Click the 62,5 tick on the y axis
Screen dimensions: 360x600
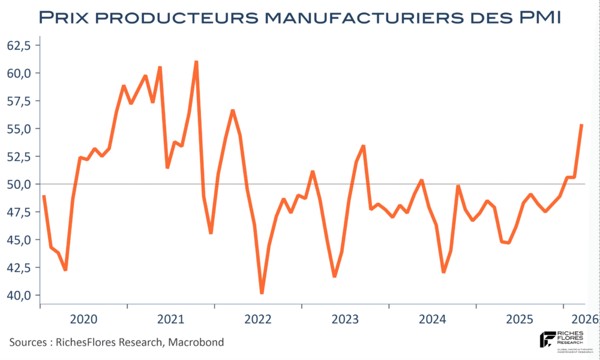tap(19, 46)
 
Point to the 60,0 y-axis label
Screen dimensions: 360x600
tap(19, 73)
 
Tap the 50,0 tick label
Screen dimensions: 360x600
tap(19, 184)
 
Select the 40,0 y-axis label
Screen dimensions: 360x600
tap(19, 295)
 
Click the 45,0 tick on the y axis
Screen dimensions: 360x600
tap(19, 240)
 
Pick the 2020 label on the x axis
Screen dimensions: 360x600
tap(84, 319)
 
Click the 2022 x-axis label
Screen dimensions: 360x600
tap(259, 319)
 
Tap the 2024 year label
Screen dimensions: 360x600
tap(433, 319)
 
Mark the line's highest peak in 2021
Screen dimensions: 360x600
tap(196, 61)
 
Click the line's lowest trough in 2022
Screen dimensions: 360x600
tap(262, 293)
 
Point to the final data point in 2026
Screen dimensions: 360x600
tap(581, 125)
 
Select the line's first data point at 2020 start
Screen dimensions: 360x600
tap(44, 196)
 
